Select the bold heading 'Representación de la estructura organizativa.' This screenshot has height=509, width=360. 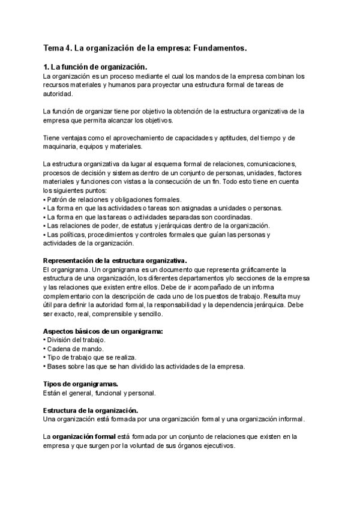coord(115,261)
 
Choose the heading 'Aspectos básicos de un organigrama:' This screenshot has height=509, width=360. coord(103,331)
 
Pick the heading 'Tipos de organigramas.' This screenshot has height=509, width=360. coord(81,384)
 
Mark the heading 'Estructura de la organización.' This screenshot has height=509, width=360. coord(91,409)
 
